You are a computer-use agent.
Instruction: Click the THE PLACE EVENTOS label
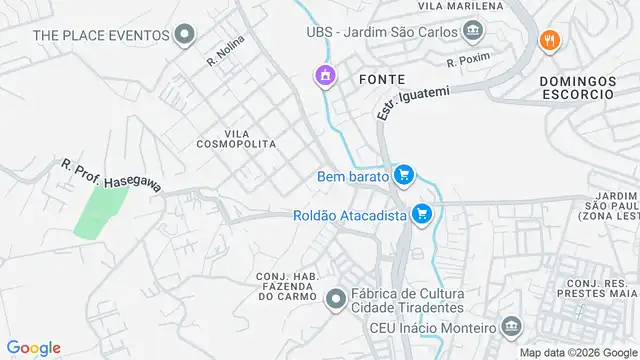(100, 35)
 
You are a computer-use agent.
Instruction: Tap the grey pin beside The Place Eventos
(184, 36)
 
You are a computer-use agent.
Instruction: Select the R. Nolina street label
(225, 50)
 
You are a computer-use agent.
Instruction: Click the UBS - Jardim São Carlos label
(384, 31)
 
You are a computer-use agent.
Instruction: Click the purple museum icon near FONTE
(324, 75)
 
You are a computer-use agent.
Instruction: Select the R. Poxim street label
(468, 62)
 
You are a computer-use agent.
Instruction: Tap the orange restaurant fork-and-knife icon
(548, 41)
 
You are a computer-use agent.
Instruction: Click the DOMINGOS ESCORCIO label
(575, 86)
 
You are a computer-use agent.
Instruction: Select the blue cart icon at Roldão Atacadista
(421, 214)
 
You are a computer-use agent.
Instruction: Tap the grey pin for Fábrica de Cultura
(336, 297)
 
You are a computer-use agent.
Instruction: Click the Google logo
(33, 348)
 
